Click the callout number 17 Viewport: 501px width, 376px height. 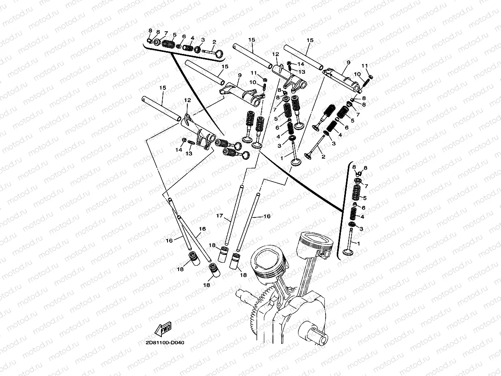tap(219, 215)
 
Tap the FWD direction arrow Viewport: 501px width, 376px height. tap(163, 329)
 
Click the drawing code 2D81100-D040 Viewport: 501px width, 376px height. tap(165, 343)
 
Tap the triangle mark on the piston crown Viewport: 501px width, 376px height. tap(256, 266)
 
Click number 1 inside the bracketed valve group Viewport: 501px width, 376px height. tap(359, 243)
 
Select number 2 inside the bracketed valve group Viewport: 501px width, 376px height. tap(214, 42)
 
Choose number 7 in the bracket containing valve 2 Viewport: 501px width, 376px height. tap(166, 33)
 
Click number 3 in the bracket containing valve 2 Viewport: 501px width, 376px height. tap(203, 40)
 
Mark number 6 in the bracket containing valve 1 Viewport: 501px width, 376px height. tap(364, 208)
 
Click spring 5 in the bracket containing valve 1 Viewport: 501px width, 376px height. tap(356, 192)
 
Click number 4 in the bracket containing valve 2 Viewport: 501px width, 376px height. tap(192, 38)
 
